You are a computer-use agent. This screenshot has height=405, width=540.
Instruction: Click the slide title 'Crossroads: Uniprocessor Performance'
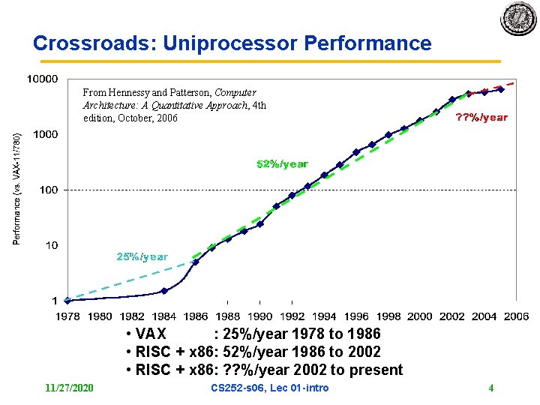click(x=232, y=43)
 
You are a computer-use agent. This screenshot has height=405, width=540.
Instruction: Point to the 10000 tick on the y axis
click(x=42, y=79)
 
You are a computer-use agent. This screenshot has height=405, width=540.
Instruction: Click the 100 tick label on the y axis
click(x=48, y=190)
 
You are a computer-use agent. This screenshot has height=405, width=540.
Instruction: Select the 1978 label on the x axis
click(x=68, y=316)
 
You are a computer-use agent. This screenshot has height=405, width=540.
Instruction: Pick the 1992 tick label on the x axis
click(x=292, y=316)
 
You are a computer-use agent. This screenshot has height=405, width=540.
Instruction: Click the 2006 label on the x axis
click(x=516, y=316)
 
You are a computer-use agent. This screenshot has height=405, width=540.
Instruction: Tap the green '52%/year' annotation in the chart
click(x=282, y=163)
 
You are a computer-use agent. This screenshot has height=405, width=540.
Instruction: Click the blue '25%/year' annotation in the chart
click(x=142, y=257)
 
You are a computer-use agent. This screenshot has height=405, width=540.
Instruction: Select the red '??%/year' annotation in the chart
click(x=482, y=117)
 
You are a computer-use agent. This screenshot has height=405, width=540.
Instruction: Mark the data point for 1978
click(x=68, y=300)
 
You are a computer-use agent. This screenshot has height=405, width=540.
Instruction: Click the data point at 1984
click(x=164, y=290)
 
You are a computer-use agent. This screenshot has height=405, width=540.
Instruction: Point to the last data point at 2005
click(x=501, y=89)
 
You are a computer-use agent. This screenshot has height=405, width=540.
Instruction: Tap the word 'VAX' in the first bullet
click(x=152, y=334)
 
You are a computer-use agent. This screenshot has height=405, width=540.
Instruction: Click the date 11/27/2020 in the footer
click(x=70, y=388)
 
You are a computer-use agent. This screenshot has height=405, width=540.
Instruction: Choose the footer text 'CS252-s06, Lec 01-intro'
click(x=270, y=388)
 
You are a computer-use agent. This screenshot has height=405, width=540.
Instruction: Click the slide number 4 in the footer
click(x=490, y=388)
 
